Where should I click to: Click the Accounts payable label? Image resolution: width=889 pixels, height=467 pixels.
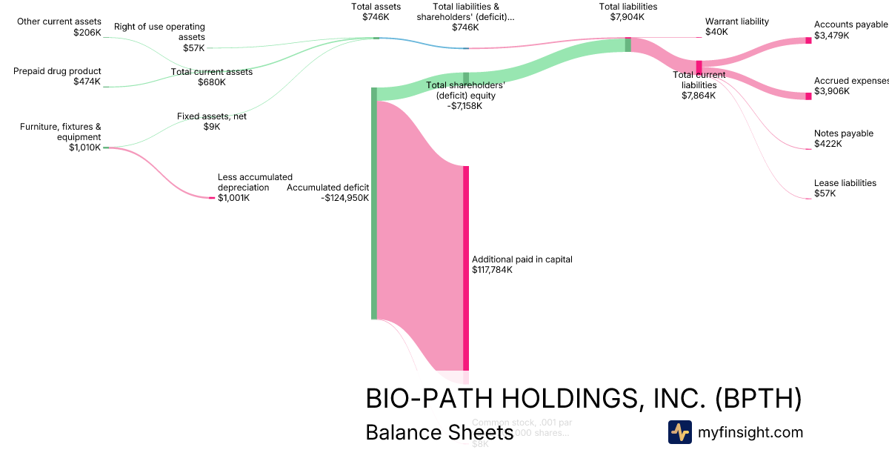[x=850, y=30]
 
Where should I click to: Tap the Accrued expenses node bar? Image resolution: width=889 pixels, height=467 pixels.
[x=808, y=96]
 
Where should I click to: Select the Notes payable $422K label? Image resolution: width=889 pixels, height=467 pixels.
[x=843, y=139]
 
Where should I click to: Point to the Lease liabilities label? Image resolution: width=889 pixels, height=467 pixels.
[x=845, y=188]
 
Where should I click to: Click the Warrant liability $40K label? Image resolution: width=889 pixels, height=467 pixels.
[x=736, y=27]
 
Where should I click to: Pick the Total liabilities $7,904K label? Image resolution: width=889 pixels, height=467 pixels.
[x=627, y=12]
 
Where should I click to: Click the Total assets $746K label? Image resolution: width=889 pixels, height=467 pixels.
[x=376, y=12]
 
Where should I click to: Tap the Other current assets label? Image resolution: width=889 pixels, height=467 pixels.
[x=59, y=27]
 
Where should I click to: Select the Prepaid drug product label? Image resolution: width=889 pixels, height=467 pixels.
[x=57, y=76]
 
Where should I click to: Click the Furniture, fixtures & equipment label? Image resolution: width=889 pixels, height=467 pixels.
[x=60, y=136]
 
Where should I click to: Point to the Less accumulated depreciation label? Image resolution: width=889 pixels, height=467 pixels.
[x=254, y=188]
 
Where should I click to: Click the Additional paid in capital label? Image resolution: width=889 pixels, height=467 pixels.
[x=522, y=265]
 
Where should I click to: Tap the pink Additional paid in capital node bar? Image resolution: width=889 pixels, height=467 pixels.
[x=466, y=267]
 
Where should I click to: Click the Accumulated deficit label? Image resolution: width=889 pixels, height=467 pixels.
[x=327, y=193]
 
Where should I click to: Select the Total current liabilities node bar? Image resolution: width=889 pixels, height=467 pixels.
[x=699, y=67]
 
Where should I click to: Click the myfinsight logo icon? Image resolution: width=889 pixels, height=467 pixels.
[x=679, y=432]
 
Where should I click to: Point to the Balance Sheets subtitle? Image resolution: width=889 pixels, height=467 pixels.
[x=439, y=432]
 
